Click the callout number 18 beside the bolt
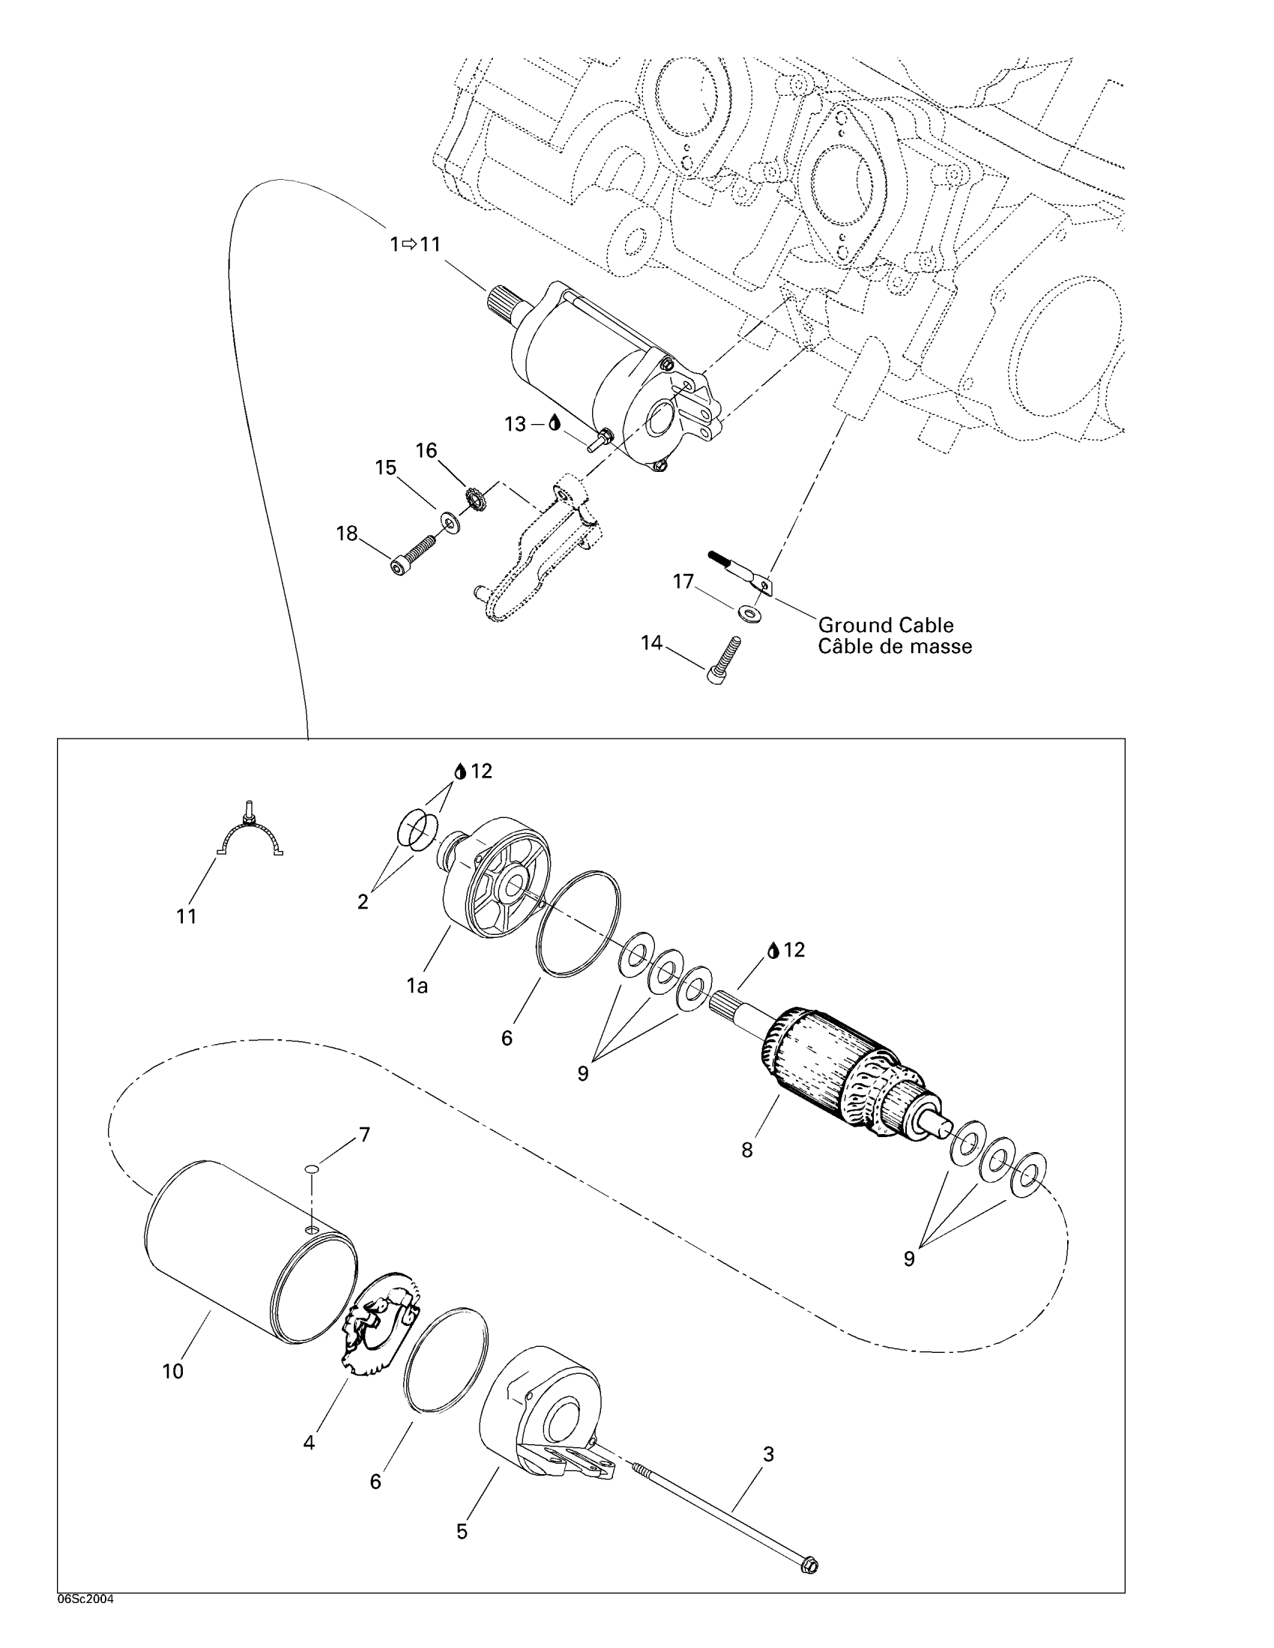coord(346,534)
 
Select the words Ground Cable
coord(885,625)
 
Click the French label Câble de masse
coord(894,646)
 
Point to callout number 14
coord(651,643)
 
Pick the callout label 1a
coord(417,985)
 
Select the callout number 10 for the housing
coord(173,1372)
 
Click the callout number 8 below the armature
coord(746,1151)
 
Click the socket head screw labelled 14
coord(725,661)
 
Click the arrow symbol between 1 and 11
coord(409,243)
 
